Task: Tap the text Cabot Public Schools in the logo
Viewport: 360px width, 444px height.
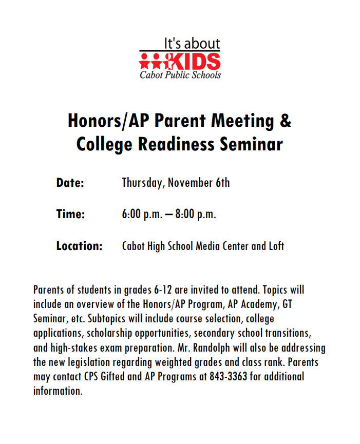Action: [x=180, y=75]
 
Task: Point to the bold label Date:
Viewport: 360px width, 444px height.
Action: [x=70, y=183]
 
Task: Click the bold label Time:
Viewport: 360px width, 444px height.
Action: [x=70, y=214]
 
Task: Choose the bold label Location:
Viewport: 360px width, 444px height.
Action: [x=80, y=246]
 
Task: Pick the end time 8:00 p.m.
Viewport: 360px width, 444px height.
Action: [x=196, y=215]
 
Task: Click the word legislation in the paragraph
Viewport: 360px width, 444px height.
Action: [x=94, y=362]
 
